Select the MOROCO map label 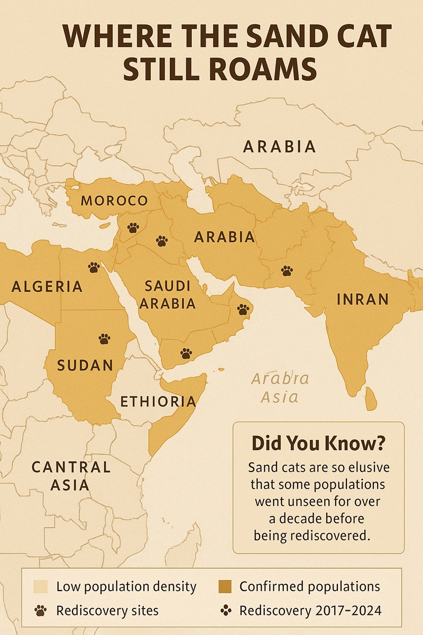tap(114, 201)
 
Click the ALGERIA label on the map tap(47, 287)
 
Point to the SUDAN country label tap(85, 365)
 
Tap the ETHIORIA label tap(158, 402)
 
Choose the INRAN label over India tap(363, 300)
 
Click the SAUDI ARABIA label tap(167, 295)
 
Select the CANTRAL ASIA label tap(71, 476)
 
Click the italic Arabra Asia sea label tap(280, 388)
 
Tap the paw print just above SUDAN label tap(104, 339)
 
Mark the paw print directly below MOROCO tap(133, 228)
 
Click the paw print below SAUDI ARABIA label tap(186, 353)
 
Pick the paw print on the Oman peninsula tap(243, 309)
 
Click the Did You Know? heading tap(318, 442)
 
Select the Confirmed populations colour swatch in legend tap(225, 586)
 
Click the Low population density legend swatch tap(41, 586)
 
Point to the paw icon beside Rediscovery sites tap(41, 611)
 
